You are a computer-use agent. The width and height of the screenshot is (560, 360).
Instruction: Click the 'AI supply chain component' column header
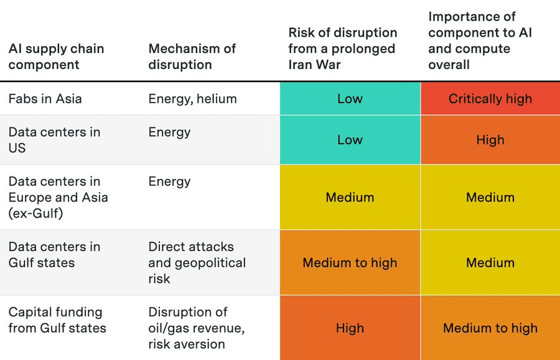pyautogui.click(x=56, y=57)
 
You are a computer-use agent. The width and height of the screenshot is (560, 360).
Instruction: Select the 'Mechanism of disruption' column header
pyautogui.click(x=192, y=57)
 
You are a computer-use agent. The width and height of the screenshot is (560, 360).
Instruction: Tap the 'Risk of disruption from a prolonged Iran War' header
pyautogui.click(x=342, y=48)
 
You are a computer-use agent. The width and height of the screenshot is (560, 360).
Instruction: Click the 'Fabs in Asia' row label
pyautogui.click(x=45, y=99)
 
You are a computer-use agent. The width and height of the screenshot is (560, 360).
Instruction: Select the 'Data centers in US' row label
pyautogui.click(x=54, y=140)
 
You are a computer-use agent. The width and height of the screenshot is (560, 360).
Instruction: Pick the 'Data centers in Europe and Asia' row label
pyautogui.click(x=58, y=197)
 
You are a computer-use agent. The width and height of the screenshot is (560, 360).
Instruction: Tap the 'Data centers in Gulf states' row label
pyautogui.click(x=54, y=255)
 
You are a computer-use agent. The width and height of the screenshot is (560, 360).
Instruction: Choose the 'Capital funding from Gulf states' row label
pyautogui.click(x=57, y=320)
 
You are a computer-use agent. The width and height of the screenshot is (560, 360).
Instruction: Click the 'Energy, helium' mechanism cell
pyautogui.click(x=192, y=99)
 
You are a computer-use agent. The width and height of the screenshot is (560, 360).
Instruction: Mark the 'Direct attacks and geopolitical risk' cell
pyautogui.click(x=197, y=263)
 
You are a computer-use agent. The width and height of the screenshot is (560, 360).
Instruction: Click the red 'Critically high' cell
pyautogui.click(x=490, y=99)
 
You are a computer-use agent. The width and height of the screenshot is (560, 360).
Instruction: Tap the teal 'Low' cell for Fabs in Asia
pyautogui.click(x=350, y=99)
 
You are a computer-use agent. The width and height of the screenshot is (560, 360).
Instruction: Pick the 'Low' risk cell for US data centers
pyautogui.click(x=350, y=140)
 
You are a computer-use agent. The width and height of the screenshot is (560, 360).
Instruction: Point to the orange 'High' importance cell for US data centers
pyautogui.click(x=490, y=140)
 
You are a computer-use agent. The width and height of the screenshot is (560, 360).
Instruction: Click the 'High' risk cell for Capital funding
pyautogui.click(x=350, y=328)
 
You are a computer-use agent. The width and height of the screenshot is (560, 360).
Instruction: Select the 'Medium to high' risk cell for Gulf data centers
pyautogui.click(x=350, y=263)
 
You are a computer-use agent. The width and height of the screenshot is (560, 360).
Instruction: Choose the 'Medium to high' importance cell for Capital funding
pyautogui.click(x=490, y=328)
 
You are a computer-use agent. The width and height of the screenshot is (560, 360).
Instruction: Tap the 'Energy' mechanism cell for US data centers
pyautogui.click(x=169, y=132)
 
